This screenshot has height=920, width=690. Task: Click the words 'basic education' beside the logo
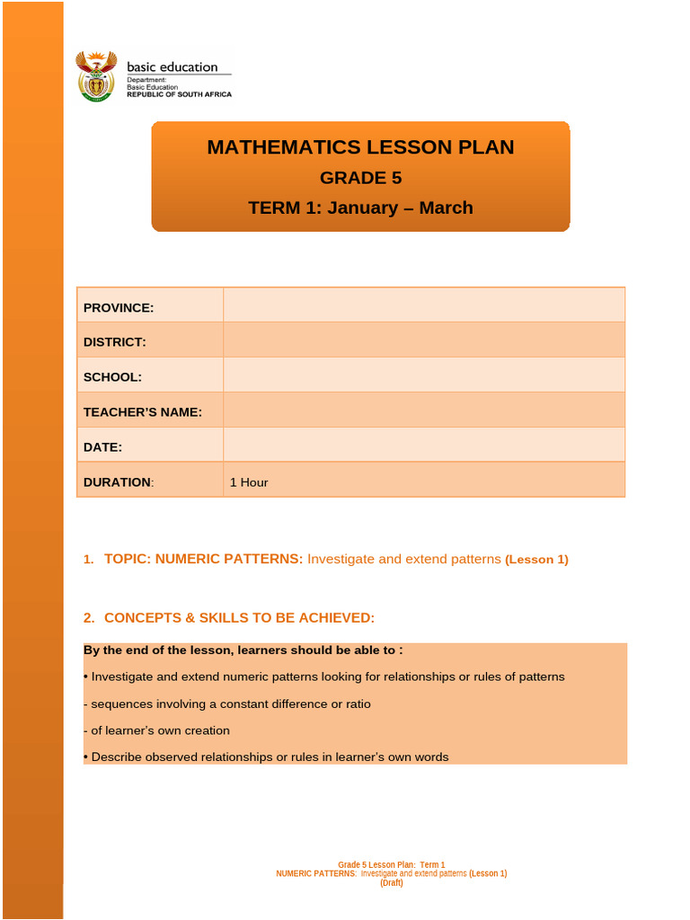pyautogui.click(x=172, y=66)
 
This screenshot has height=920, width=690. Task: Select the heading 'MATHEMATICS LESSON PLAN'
pyautogui.click(x=360, y=147)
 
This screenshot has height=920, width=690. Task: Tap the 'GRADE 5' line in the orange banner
pyautogui.click(x=360, y=178)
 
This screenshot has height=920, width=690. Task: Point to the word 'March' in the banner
pyautogui.click(x=446, y=208)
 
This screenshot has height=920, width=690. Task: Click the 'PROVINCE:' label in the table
pyautogui.click(x=119, y=308)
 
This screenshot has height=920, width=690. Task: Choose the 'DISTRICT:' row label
pyautogui.click(x=114, y=342)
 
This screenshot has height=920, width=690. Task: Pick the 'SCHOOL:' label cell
pyautogui.click(x=112, y=377)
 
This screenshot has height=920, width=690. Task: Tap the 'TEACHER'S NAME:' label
pyautogui.click(x=142, y=412)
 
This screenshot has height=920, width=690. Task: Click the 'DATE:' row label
pyautogui.click(x=102, y=447)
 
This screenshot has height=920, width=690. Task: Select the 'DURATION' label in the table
pyautogui.click(x=117, y=482)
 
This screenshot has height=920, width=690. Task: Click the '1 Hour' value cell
pyautogui.click(x=249, y=482)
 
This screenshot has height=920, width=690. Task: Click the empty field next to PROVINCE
pyautogui.click(x=423, y=306)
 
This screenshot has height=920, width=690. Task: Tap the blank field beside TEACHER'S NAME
pyautogui.click(x=423, y=411)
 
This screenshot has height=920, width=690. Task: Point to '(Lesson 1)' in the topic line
pyautogui.click(x=536, y=560)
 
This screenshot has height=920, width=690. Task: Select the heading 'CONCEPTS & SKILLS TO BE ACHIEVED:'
pyautogui.click(x=239, y=618)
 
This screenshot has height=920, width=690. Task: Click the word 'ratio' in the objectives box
pyautogui.click(x=356, y=704)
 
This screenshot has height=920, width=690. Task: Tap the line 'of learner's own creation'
pyautogui.click(x=159, y=730)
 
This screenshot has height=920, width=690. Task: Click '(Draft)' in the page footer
pyautogui.click(x=391, y=883)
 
